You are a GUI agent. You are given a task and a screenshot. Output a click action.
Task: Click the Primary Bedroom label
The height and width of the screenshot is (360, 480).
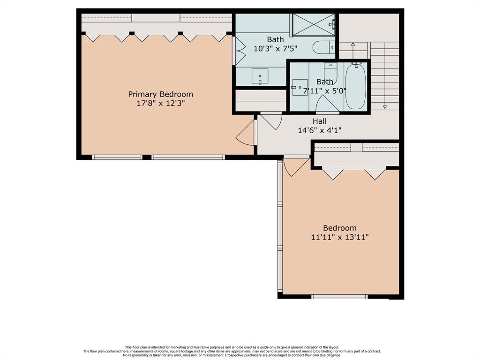[x=160, y=94]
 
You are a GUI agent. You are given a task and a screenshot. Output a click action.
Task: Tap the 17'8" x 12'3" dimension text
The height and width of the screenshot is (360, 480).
[x=160, y=103]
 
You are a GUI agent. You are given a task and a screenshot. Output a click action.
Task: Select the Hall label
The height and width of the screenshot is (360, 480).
[x=320, y=121]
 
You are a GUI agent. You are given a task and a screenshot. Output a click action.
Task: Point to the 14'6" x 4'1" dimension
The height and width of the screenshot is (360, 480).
[x=320, y=130]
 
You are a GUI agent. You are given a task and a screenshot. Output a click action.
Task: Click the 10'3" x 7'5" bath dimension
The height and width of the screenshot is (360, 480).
[x=276, y=48]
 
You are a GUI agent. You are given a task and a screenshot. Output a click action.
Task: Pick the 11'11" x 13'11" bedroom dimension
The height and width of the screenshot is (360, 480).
[x=340, y=237]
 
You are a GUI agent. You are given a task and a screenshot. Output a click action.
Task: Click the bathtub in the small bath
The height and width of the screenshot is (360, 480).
[x=355, y=87]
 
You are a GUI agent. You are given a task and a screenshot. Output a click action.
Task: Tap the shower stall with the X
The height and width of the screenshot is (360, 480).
[x=314, y=25]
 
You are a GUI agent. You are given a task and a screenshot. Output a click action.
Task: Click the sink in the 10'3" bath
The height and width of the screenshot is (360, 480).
[x=260, y=76]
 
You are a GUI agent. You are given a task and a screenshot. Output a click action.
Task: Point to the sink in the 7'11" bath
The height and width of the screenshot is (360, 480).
[x=300, y=88]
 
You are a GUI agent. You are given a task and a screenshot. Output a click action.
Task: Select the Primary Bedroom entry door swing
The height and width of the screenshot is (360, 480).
[x=245, y=133]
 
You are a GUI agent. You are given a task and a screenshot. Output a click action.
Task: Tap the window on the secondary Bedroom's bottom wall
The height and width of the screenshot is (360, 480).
[x=339, y=296]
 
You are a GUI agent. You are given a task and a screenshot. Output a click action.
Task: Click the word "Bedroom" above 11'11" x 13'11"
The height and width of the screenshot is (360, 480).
[x=340, y=228]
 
